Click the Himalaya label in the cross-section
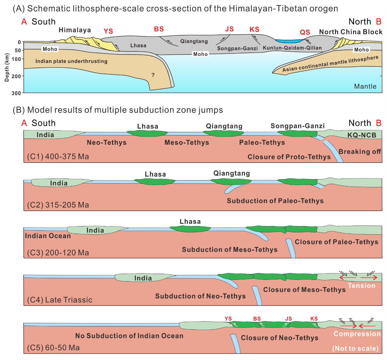(x=75, y=30)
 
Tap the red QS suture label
(x=305, y=32)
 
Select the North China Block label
(x=351, y=32)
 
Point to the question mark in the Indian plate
(x=153, y=75)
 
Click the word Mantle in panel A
(x=365, y=86)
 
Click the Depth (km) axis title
(x=7, y=67)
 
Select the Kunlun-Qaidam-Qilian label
(x=292, y=48)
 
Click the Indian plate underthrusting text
(x=71, y=61)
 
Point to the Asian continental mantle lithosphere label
(x=330, y=64)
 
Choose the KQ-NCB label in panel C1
(x=362, y=135)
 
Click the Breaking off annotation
(x=360, y=151)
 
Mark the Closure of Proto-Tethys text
(x=289, y=157)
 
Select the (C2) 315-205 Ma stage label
(x=58, y=205)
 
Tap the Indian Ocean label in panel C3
(x=48, y=236)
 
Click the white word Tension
(x=362, y=286)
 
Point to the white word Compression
(x=357, y=334)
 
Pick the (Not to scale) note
(x=355, y=348)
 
